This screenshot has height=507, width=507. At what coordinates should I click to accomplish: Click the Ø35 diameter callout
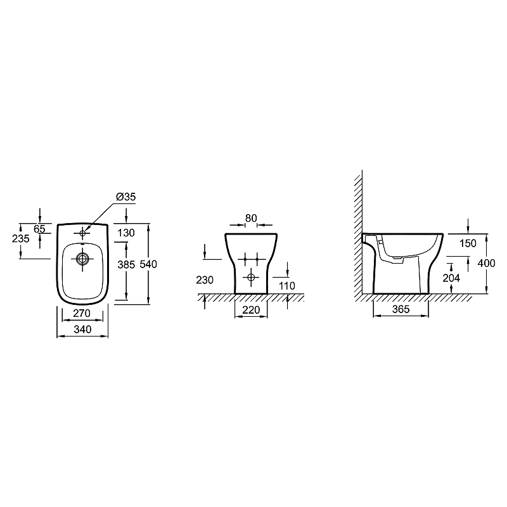pos(125,196)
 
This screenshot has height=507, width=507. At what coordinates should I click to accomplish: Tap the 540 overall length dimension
pos(148,264)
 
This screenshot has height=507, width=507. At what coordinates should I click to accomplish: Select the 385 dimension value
pos(126,264)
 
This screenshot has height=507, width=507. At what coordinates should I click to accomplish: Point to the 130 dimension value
pos(126,233)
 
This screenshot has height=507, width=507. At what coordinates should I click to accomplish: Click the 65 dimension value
pos(39,229)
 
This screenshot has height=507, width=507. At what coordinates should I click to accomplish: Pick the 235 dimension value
pos(21,239)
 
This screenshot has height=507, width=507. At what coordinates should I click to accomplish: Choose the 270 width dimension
pos(82,313)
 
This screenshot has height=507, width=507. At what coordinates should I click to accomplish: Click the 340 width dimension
pos(82,329)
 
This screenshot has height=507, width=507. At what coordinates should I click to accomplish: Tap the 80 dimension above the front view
pos(251,218)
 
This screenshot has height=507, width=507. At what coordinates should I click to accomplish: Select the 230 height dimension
pos(205,279)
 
